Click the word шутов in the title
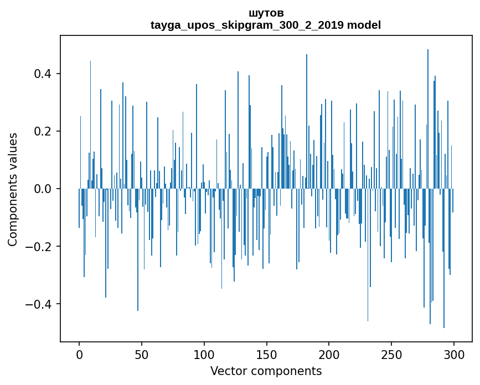point(266,13)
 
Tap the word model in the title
point(364,25)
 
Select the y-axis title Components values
point(13,189)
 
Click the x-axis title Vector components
point(266,371)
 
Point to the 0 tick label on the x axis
point(79,355)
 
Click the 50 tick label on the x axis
point(142,355)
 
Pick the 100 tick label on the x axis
point(204,355)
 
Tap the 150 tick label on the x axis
point(267,355)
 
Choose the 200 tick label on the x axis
point(329,355)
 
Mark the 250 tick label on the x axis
point(391,355)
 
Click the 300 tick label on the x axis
point(454,355)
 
